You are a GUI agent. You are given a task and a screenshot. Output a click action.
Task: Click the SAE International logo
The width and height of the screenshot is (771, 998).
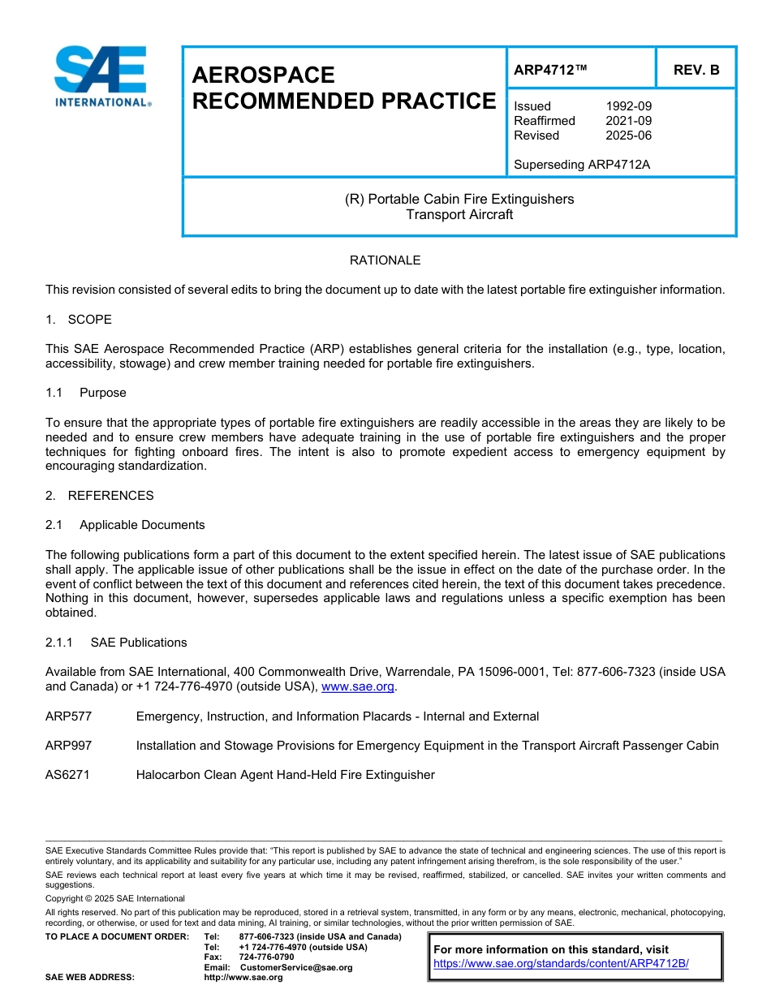tap(101, 76)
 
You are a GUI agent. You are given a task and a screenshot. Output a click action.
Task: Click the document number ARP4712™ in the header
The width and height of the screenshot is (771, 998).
tap(549, 70)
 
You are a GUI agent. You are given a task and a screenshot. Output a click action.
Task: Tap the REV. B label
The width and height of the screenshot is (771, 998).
tap(696, 70)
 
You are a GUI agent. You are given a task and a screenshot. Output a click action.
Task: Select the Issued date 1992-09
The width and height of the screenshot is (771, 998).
tap(628, 106)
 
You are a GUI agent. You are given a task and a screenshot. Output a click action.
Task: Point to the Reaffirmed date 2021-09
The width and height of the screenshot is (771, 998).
tap(628, 121)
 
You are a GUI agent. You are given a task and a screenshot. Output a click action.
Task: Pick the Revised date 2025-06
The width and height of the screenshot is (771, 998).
tap(628, 136)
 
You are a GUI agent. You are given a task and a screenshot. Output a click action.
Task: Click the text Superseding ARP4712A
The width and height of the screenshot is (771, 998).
tap(582, 165)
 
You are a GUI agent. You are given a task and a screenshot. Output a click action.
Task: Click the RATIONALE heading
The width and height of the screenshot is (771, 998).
tap(385, 260)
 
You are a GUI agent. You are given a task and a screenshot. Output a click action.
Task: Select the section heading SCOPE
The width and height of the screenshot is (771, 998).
tap(89, 320)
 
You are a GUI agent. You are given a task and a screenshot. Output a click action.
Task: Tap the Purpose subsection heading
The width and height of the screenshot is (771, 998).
tap(102, 393)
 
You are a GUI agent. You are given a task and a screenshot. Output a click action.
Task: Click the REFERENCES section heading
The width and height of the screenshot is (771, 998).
tap(110, 496)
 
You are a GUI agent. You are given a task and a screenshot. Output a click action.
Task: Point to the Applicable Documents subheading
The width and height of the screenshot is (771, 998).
tap(141, 525)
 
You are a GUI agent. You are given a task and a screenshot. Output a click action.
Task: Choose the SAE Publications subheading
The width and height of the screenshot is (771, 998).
tap(138, 643)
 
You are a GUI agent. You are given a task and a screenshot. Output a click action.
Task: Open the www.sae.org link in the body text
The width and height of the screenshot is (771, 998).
tap(357, 686)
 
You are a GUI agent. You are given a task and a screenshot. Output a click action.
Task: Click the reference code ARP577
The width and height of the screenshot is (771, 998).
tap(68, 716)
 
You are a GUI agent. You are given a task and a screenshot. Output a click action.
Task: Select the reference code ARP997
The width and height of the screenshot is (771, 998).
tap(68, 746)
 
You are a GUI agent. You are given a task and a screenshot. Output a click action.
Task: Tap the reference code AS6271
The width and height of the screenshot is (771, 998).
tap(67, 775)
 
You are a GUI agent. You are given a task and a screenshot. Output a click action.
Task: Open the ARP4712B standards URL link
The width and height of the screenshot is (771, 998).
tap(561, 963)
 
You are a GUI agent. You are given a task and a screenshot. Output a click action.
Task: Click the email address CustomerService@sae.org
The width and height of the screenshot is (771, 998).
tap(296, 967)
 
